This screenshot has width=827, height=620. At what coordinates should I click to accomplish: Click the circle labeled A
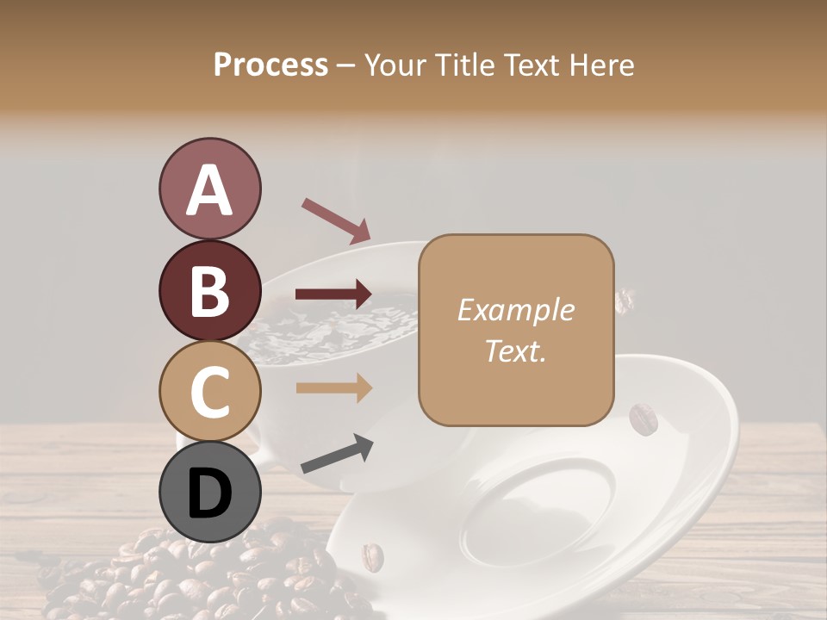(x=209, y=189)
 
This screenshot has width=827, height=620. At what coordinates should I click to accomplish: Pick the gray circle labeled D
(x=209, y=493)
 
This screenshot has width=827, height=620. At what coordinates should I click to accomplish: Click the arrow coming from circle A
(x=336, y=220)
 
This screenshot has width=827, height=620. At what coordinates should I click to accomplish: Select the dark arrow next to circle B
(x=333, y=294)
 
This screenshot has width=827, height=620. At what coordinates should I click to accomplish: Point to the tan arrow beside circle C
(x=333, y=388)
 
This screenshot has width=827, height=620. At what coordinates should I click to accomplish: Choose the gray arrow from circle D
(x=337, y=454)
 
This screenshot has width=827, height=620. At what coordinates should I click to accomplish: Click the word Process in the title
(x=270, y=65)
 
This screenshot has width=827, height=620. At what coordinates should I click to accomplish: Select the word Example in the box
(x=515, y=310)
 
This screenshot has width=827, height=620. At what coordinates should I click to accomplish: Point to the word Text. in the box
(x=515, y=350)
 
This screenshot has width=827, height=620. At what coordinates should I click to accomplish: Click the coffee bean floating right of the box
(x=625, y=301)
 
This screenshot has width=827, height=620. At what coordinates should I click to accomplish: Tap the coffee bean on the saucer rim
(x=643, y=419)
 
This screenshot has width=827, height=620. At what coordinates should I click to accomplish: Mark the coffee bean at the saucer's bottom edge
(x=372, y=556)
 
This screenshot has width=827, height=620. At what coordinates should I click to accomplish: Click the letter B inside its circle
(x=209, y=291)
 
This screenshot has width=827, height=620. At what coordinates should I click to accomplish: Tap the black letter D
(x=209, y=493)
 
